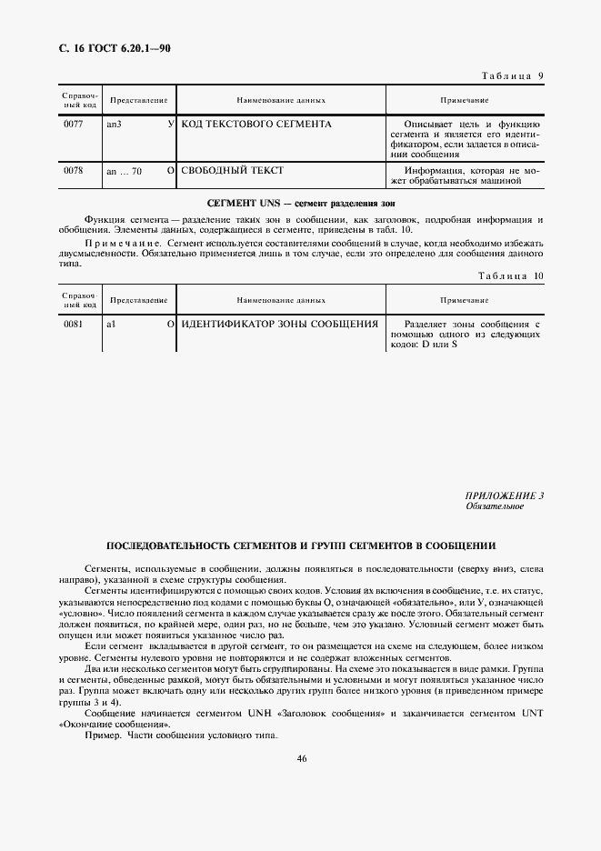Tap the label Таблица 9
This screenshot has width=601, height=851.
[x=510, y=75]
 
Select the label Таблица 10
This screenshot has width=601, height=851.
[x=510, y=275]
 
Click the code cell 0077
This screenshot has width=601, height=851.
[x=74, y=124]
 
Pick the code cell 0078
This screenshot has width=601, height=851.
[x=74, y=170]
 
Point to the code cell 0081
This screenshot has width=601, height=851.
[x=74, y=324]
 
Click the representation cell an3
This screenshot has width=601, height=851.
[x=115, y=124]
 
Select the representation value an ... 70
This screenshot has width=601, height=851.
[x=125, y=170]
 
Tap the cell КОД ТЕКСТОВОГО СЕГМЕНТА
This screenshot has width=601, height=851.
[x=256, y=124]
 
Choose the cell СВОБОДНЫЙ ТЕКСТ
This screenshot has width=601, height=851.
[x=233, y=170]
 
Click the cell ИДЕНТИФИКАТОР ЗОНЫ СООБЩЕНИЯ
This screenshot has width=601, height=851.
[x=280, y=324]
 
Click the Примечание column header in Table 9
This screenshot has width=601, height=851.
[x=465, y=99]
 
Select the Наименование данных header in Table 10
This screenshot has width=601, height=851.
[x=281, y=299]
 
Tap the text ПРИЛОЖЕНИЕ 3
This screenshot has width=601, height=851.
[x=504, y=495]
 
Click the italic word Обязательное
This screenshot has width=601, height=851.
[x=495, y=506]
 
